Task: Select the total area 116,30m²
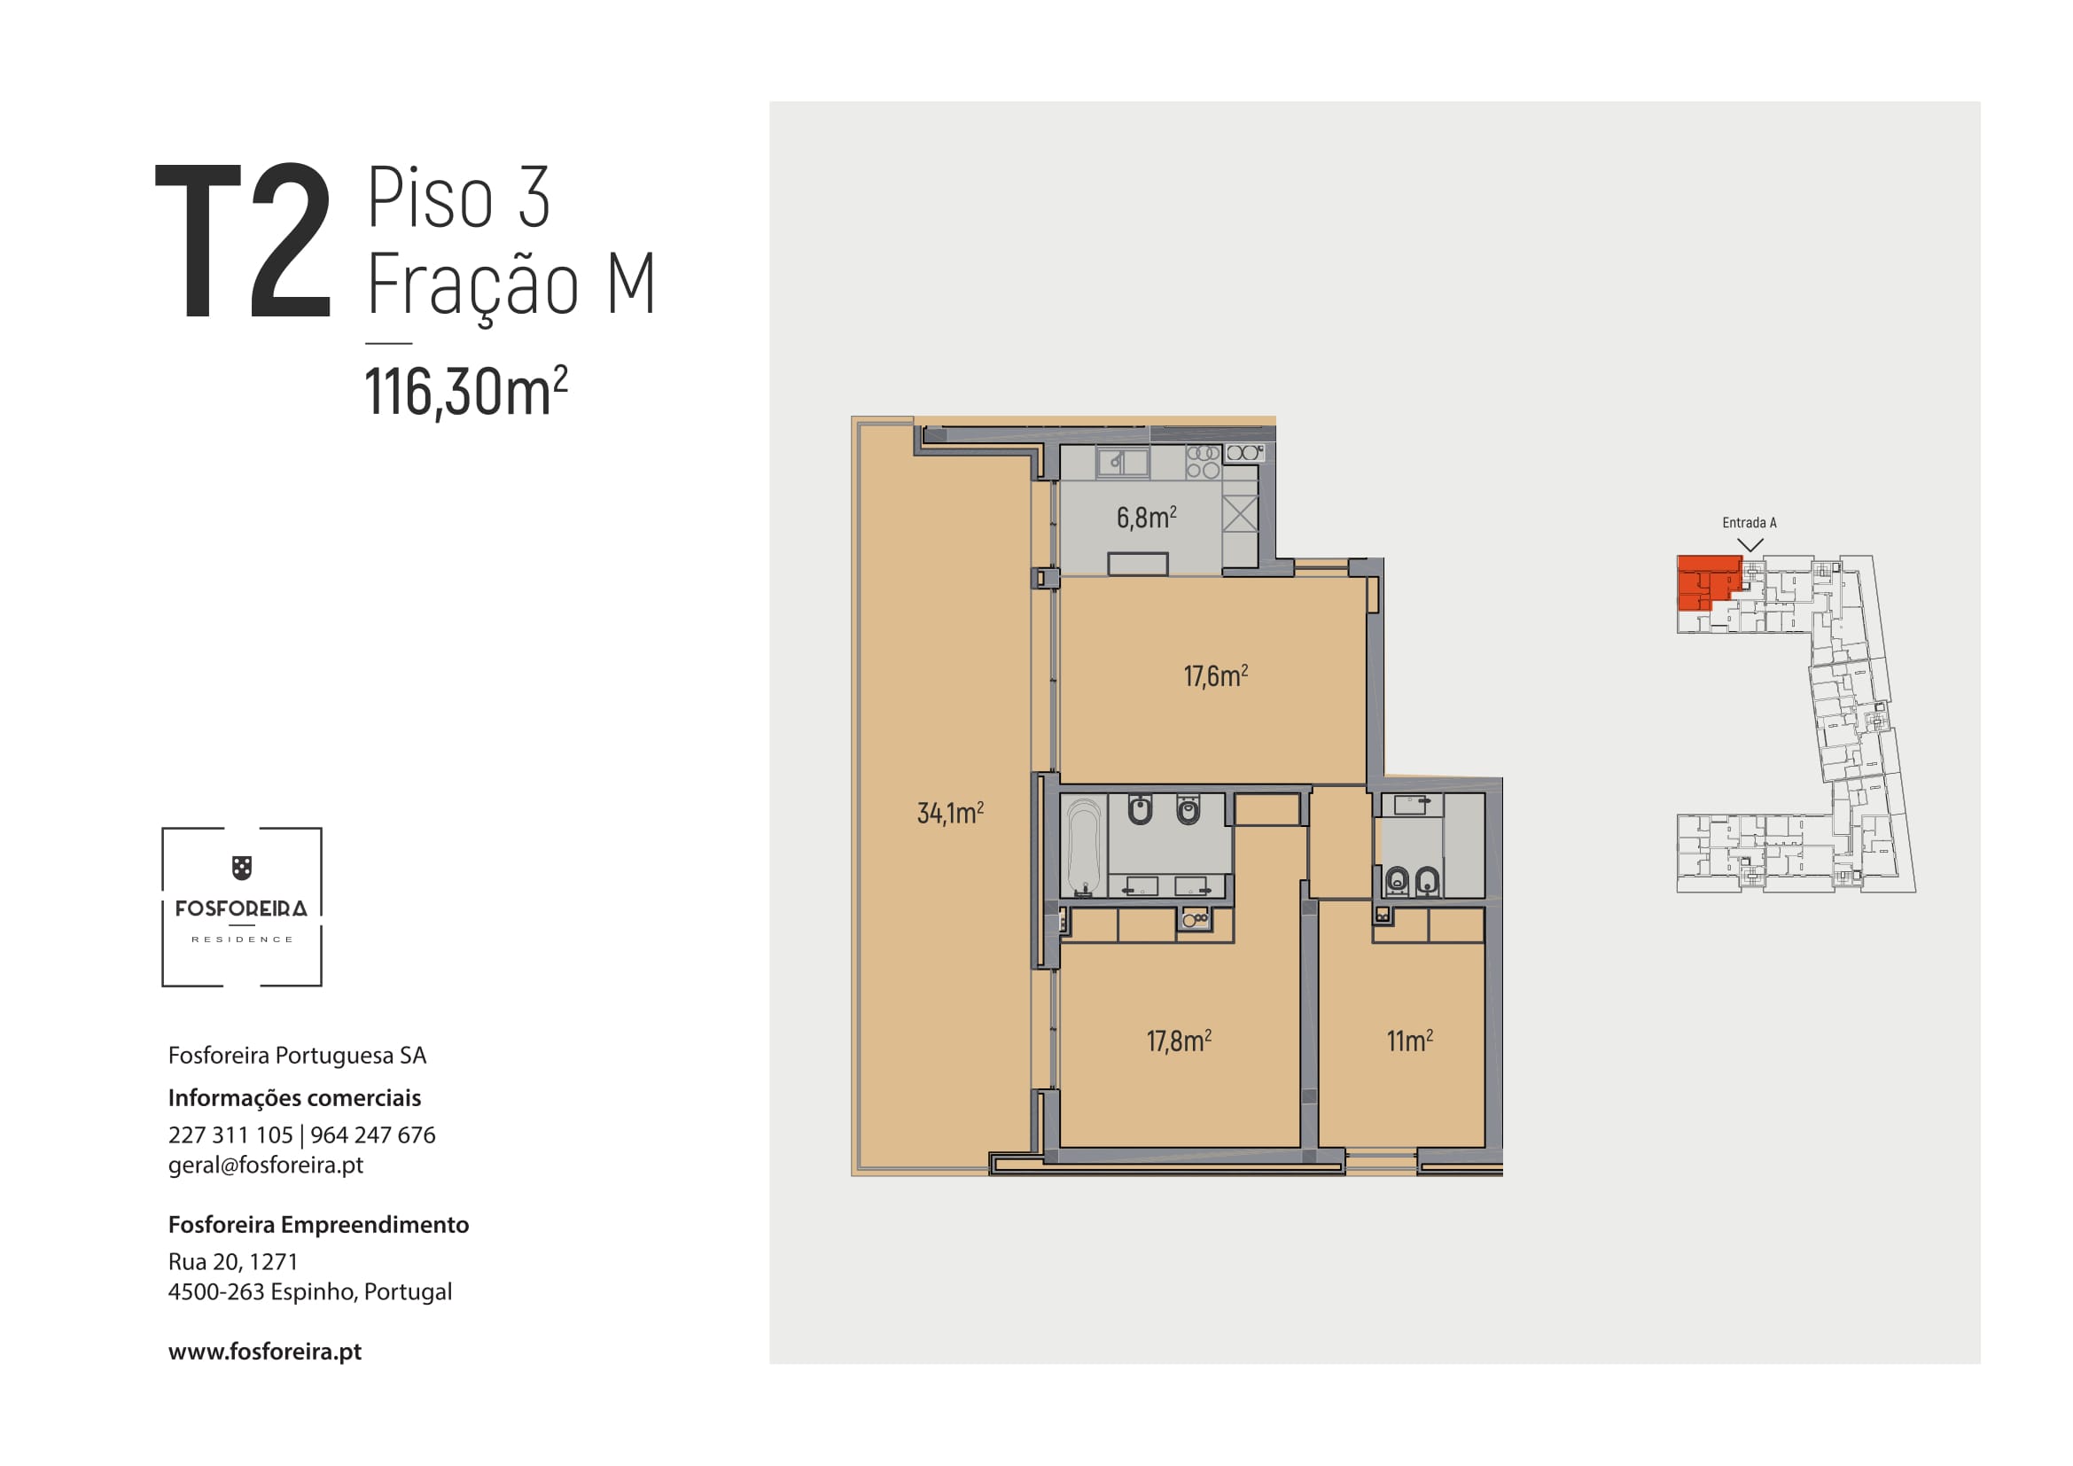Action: [x=466, y=392]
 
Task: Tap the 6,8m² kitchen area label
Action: [x=1147, y=518]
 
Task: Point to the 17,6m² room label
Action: [x=1216, y=675]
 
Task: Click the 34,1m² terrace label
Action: [x=951, y=813]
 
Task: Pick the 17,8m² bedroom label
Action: [x=1179, y=1041]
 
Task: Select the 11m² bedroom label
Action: [x=1410, y=1041]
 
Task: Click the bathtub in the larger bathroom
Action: [x=1083, y=846]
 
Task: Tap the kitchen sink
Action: [x=1123, y=462]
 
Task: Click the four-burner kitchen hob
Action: [x=1203, y=461]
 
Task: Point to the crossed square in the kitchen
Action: [x=1240, y=514]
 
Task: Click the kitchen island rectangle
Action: [x=1138, y=565]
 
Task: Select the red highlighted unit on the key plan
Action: [x=1704, y=581]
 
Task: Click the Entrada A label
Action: [x=1749, y=523]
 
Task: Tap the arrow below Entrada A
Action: [x=1750, y=545]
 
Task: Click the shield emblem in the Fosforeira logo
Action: [x=242, y=868]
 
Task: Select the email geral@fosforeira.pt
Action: [x=266, y=1166]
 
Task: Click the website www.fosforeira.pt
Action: [x=264, y=1352]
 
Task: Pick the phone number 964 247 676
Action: [x=373, y=1135]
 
